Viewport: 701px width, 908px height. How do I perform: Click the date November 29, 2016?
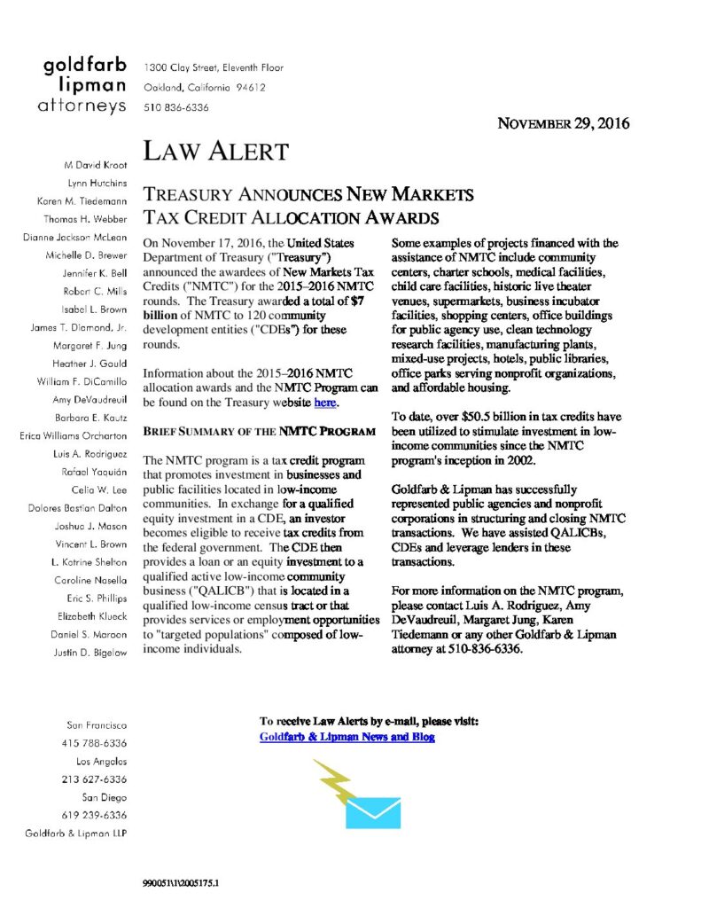coord(562,124)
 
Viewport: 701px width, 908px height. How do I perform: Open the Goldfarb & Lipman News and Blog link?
coord(347,737)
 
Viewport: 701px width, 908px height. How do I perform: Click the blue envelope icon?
coord(373,810)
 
